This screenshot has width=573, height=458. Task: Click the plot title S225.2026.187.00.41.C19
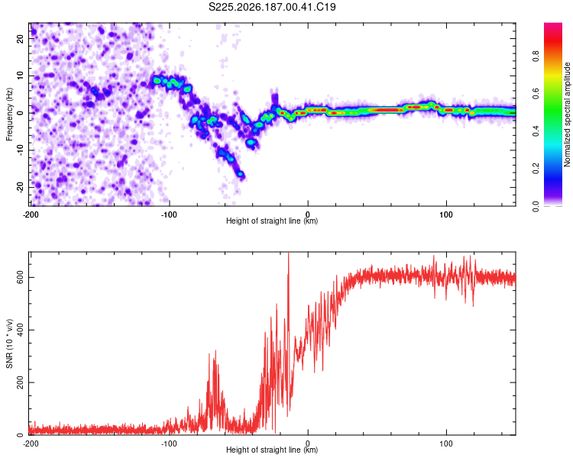pos(272,7)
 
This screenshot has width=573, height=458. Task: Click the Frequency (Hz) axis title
pos(9,114)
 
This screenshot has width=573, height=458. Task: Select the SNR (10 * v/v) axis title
pos(9,343)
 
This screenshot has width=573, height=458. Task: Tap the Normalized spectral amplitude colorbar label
pos(567,114)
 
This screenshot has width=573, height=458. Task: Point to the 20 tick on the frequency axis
pos(20,38)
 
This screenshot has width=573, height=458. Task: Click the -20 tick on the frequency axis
pos(20,187)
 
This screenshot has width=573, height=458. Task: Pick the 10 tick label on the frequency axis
pos(20,76)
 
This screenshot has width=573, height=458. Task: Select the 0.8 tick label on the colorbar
pos(536,56)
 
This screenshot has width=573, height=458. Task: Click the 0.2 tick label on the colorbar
pos(536,169)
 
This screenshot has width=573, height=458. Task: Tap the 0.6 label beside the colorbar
pos(536,94)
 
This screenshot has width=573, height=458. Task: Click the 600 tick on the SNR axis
pos(20,278)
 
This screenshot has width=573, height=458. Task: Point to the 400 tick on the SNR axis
pos(20,331)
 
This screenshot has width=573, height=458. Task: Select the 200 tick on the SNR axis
pos(20,382)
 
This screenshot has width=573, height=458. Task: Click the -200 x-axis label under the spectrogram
pos(31,214)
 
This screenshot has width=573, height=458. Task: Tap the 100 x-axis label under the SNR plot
pos(446,443)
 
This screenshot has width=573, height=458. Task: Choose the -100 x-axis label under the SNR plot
pos(169,443)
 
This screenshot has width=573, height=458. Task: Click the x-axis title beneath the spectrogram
pos(272,221)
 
